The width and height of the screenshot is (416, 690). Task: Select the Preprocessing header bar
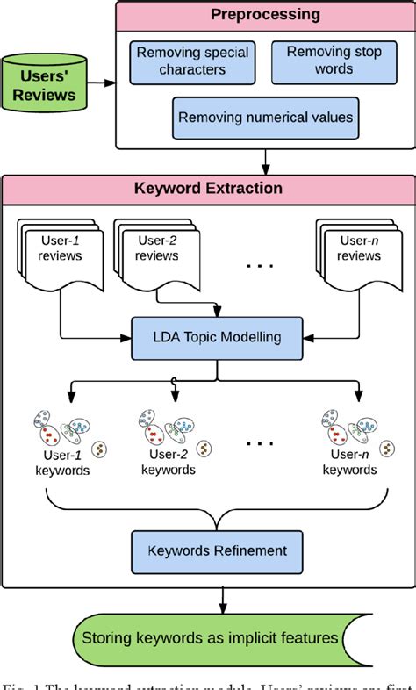263,16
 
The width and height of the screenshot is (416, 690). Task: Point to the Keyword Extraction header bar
208,189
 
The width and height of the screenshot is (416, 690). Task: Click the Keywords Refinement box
217,550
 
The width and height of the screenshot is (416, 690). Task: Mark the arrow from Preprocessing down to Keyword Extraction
265,160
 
